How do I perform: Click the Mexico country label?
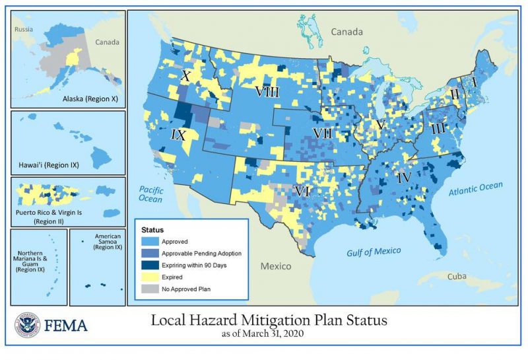275,266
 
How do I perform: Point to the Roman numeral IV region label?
405,177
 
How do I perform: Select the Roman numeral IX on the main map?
180,135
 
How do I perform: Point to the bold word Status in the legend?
154,229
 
